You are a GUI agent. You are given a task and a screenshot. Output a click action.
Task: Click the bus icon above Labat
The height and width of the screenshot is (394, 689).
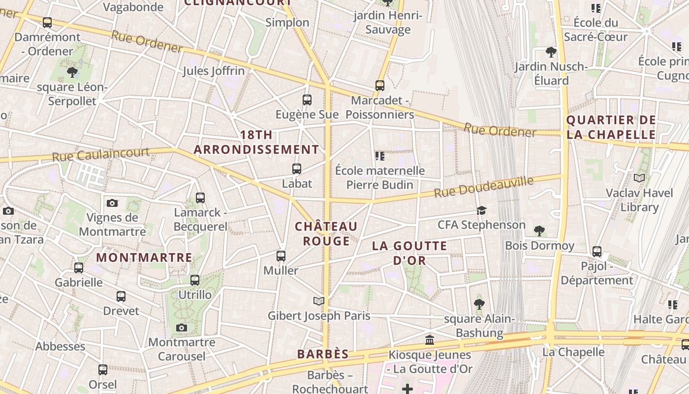297,169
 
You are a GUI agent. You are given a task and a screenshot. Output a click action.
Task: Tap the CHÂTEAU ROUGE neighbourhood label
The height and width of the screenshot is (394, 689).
326,233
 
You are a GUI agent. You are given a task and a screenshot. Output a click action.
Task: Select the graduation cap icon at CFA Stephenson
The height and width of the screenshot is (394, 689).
481,211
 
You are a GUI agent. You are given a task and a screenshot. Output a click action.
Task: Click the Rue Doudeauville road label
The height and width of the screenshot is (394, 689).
483,187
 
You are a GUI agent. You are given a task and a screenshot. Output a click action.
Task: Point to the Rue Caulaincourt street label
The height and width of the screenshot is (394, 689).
100,155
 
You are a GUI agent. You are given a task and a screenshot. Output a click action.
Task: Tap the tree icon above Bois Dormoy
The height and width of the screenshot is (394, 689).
539,230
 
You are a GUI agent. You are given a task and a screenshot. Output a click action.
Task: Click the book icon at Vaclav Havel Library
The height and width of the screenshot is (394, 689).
639,178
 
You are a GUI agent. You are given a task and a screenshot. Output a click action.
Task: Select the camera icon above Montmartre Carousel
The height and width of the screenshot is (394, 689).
182,328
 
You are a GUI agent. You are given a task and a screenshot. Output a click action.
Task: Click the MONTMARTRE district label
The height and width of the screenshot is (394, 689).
144,258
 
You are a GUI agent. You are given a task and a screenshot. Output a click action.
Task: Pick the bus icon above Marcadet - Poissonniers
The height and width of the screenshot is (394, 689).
380,86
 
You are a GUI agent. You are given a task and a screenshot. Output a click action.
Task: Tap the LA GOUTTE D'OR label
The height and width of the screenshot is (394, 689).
409,253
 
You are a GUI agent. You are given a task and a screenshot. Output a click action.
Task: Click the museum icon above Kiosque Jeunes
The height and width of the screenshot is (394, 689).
430,340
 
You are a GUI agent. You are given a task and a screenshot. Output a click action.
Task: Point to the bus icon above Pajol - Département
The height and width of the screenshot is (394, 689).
597,252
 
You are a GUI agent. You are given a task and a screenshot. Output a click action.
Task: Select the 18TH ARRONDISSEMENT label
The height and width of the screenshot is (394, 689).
256,142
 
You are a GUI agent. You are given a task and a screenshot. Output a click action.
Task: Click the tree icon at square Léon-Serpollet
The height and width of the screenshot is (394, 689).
72,72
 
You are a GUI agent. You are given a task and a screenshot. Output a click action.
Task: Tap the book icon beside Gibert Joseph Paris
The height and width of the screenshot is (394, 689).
319,300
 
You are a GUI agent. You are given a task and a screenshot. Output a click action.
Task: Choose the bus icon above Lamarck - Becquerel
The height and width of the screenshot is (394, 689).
200,198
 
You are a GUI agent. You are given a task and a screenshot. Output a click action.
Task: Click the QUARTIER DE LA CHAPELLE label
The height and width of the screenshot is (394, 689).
611,127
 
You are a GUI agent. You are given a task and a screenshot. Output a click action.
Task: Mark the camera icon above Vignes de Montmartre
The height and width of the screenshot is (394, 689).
112,203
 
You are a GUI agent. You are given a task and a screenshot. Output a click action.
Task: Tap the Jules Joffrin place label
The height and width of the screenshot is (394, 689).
214,71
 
